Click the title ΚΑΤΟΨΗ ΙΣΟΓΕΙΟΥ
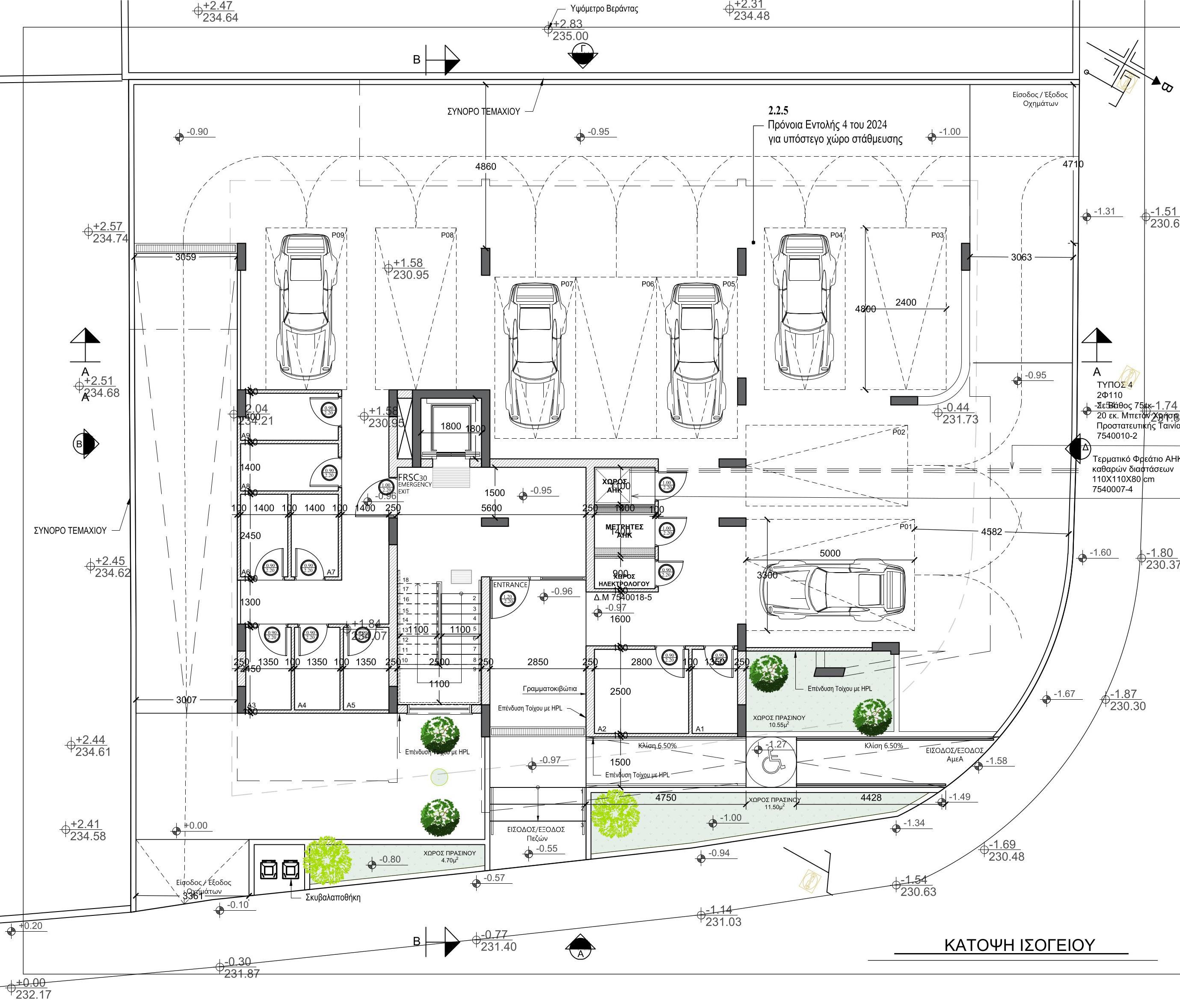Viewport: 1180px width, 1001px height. click(1019, 945)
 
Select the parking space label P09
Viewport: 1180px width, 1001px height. click(338, 235)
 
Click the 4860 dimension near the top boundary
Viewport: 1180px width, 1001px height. click(485, 166)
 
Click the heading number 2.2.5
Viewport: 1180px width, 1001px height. click(778, 110)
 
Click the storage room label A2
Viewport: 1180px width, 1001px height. click(602, 729)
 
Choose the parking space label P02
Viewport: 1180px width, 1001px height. click(898, 432)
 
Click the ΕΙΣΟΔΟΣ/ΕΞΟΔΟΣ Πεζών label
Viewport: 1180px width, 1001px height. click(536, 833)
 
